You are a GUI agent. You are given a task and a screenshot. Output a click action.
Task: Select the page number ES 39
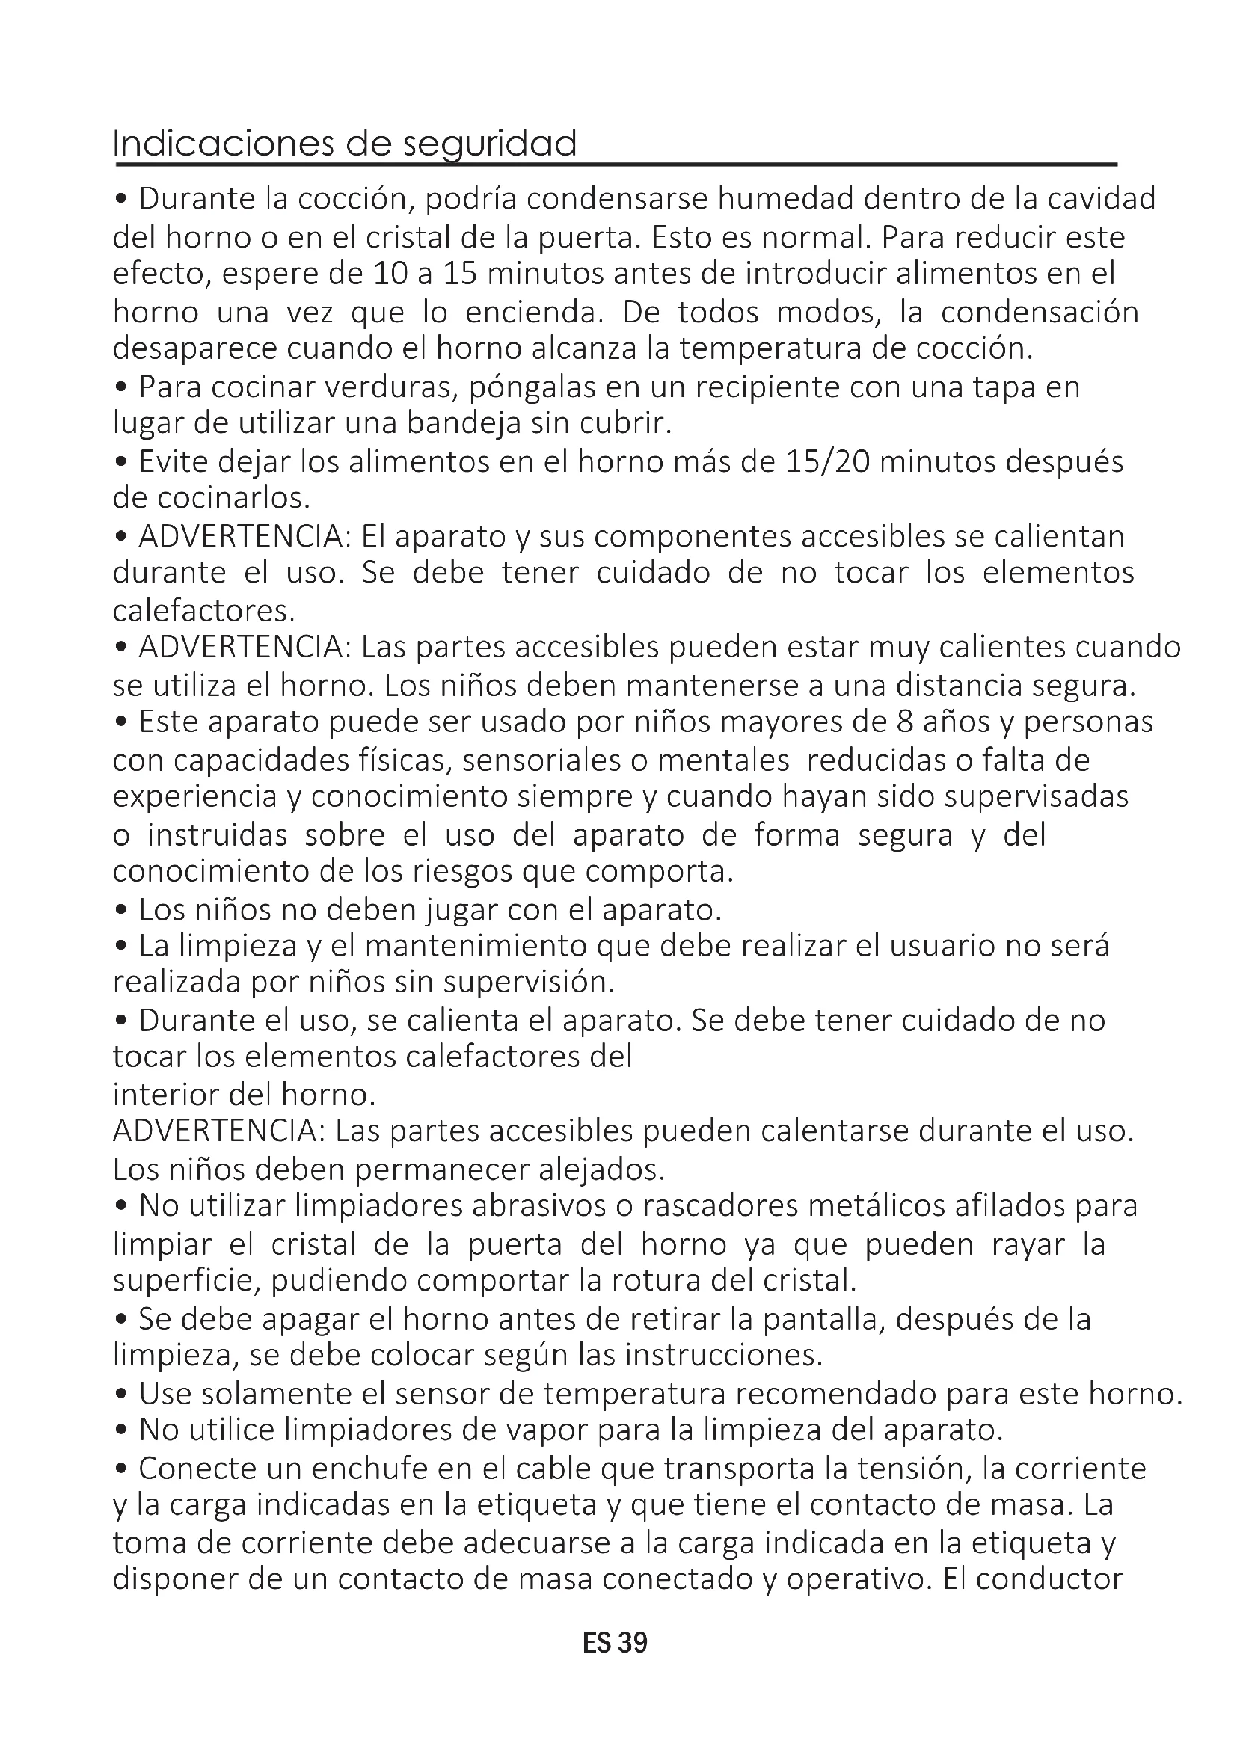[615, 1643]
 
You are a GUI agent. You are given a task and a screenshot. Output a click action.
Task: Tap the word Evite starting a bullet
[174, 461]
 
